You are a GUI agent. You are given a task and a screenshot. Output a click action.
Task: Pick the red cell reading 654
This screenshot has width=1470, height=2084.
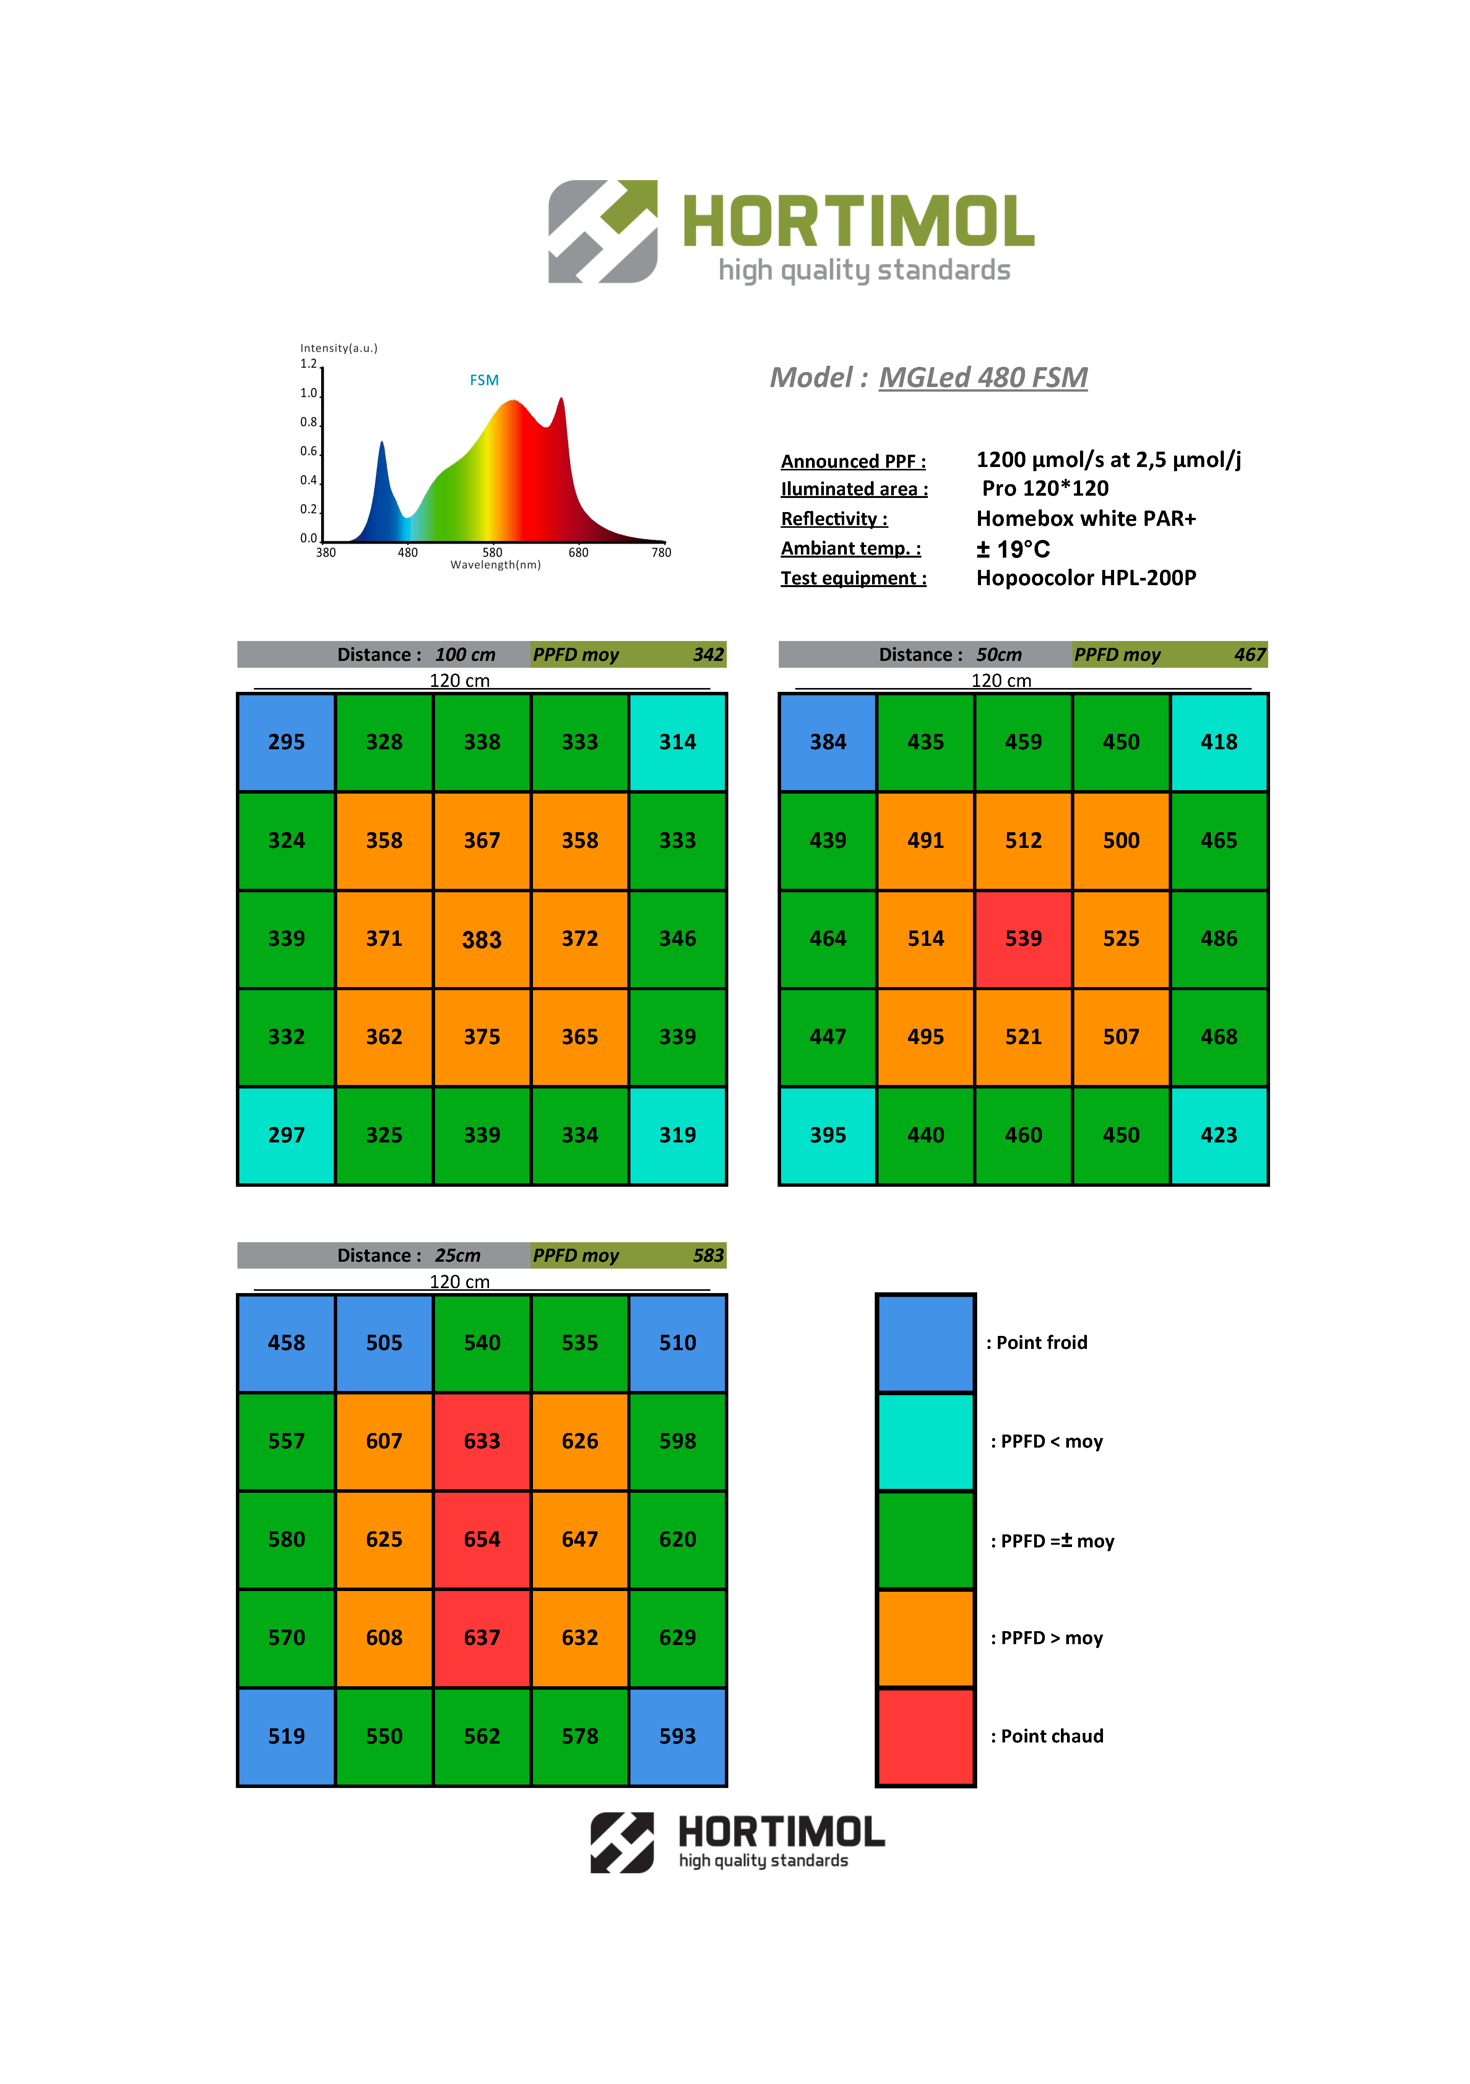click(x=482, y=1539)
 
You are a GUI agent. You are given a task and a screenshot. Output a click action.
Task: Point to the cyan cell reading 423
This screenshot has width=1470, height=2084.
click(x=1219, y=1135)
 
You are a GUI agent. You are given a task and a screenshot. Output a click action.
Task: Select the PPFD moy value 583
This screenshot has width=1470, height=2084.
click(x=708, y=1255)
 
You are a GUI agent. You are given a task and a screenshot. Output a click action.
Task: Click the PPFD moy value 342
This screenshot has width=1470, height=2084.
click(x=708, y=654)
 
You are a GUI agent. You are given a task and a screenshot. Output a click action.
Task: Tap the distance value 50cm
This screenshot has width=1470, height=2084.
click(x=998, y=654)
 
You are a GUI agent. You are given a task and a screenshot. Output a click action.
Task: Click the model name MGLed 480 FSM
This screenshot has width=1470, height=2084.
click(x=983, y=377)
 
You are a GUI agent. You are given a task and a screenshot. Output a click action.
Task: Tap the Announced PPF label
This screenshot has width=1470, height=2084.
click(x=853, y=461)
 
